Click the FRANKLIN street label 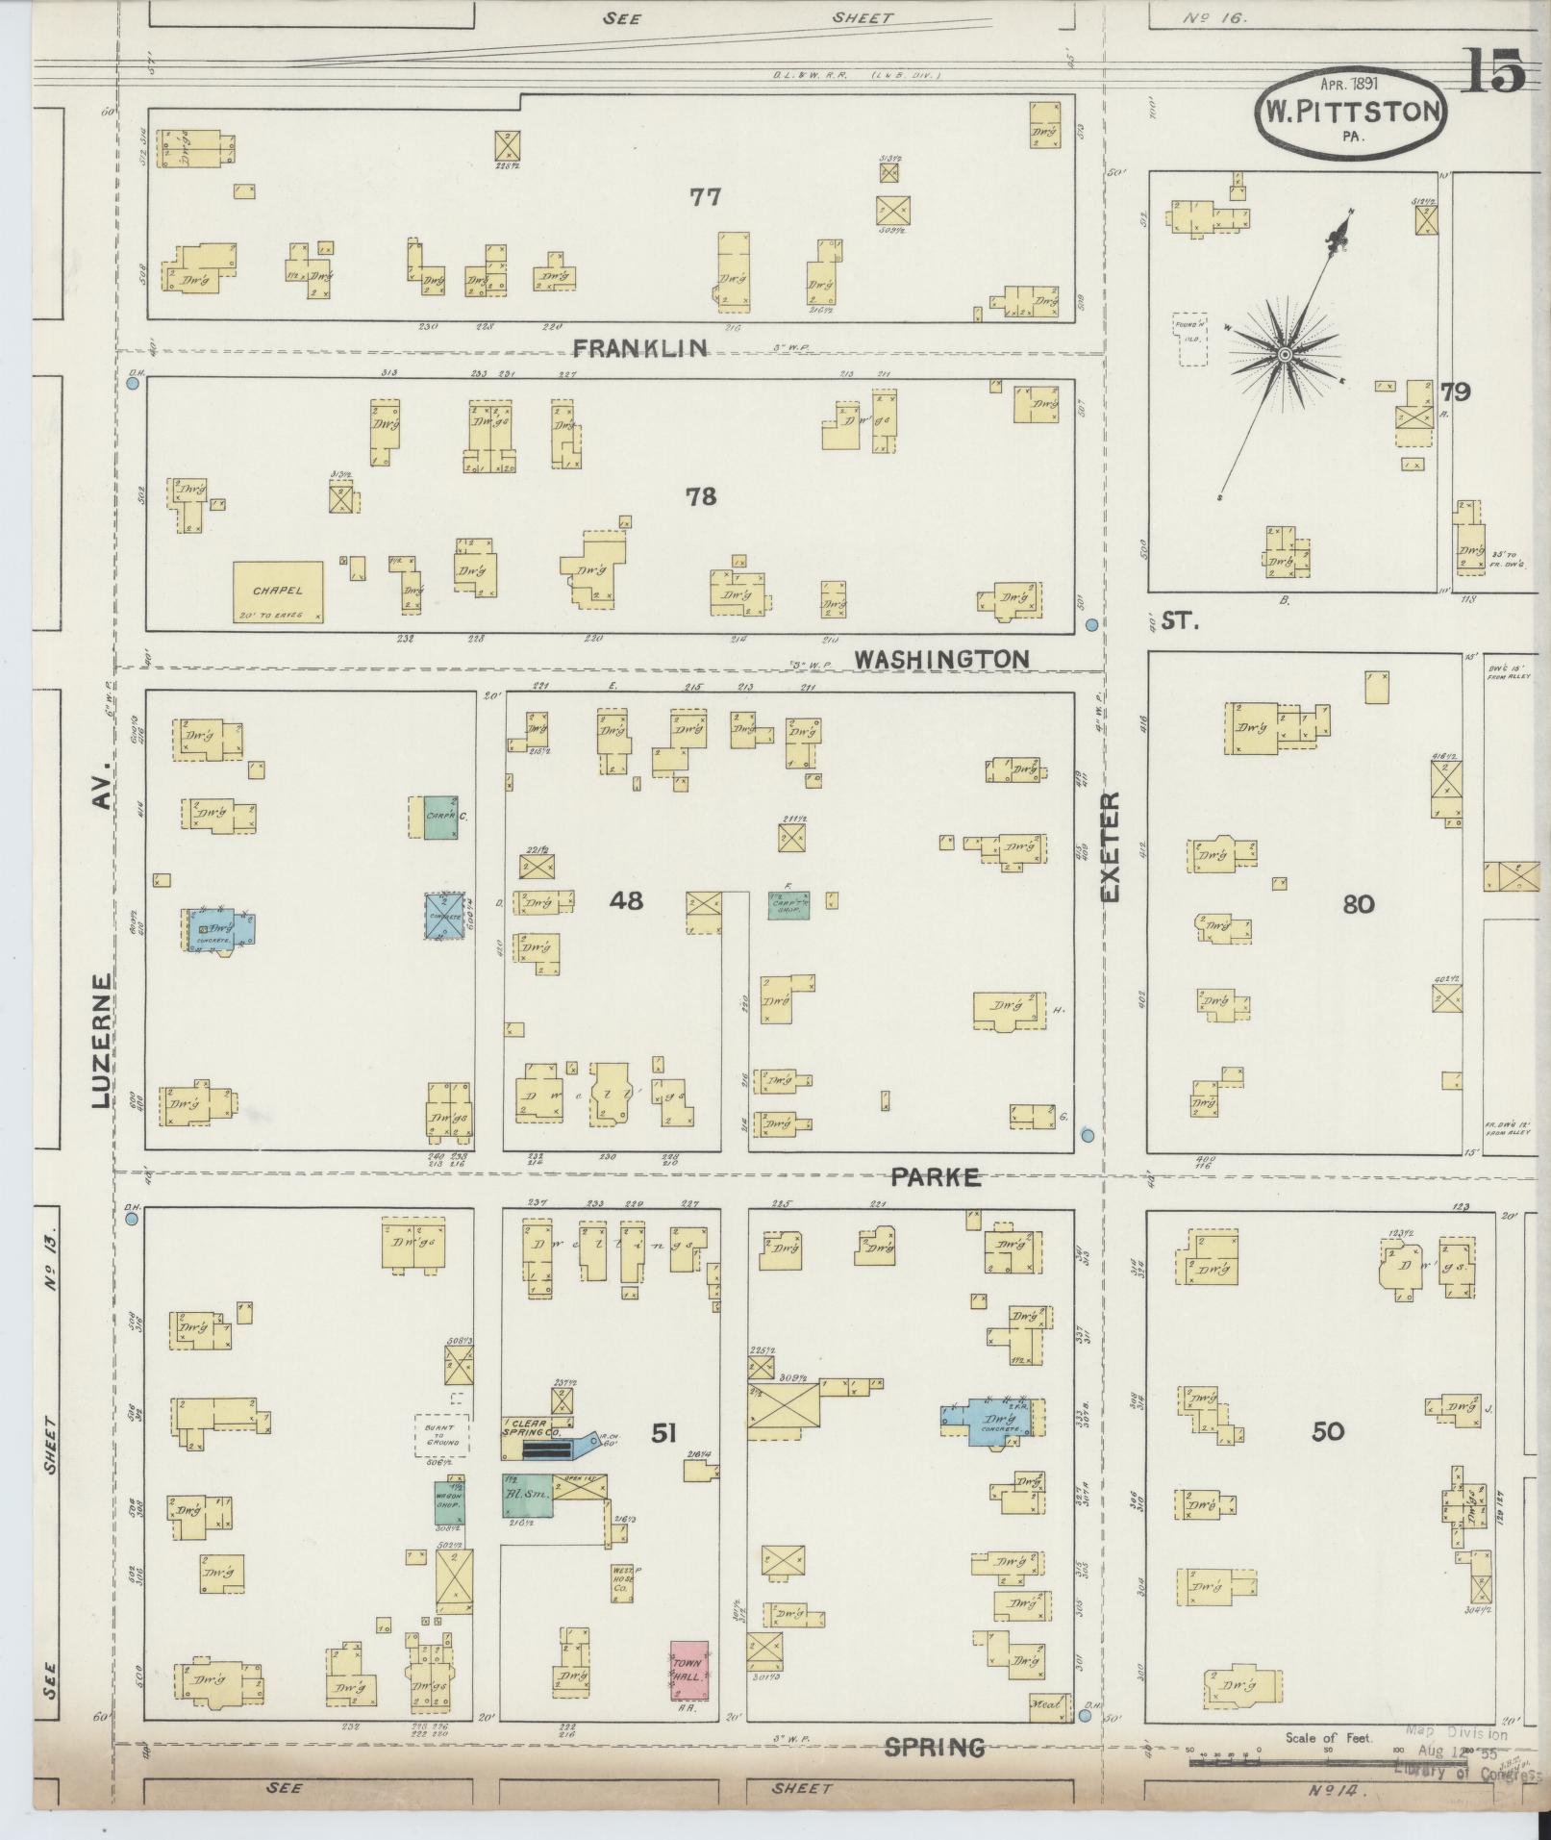coord(638,348)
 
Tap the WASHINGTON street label coord(941,659)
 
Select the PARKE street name coord(935,1176)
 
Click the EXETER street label coord(1111,846)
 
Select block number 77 coord(705,197)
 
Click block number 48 coord(626,900)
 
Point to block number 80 coord(1358,903)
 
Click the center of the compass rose coord(1284,356)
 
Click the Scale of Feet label coord(1329,1738)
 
